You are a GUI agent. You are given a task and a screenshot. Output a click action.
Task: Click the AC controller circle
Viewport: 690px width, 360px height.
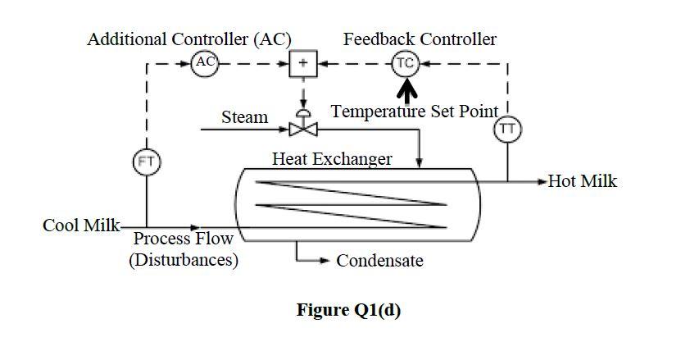tap(205, 62)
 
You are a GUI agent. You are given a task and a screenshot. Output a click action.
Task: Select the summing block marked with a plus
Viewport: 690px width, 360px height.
tap(303, 63)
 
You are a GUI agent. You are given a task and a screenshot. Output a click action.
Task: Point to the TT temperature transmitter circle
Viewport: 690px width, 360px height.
tap(507, 129)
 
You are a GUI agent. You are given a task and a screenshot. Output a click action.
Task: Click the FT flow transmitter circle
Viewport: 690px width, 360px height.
tap(146, 162)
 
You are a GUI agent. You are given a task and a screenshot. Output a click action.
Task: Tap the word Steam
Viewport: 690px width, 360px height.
tap(244, 117)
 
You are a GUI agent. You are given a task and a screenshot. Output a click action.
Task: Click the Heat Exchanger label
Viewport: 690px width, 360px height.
tap(332, 158)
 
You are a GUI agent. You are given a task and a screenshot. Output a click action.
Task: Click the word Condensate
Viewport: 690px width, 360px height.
tap(379, 261)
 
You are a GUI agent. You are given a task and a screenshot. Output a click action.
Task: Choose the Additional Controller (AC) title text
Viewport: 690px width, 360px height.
tap(189, 39)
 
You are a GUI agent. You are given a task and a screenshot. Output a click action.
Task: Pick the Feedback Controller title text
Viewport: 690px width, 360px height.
tap(420, 39)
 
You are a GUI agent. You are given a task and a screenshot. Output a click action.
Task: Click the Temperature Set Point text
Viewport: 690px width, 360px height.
tap(415, 112)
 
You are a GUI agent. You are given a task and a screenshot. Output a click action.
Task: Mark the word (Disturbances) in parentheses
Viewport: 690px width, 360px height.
tap(184, 260)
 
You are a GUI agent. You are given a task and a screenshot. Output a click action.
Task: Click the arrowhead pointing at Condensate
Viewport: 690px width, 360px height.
tap(326, 262)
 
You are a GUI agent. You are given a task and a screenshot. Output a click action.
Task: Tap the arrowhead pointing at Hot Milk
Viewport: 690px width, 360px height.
tap(541, 181)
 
